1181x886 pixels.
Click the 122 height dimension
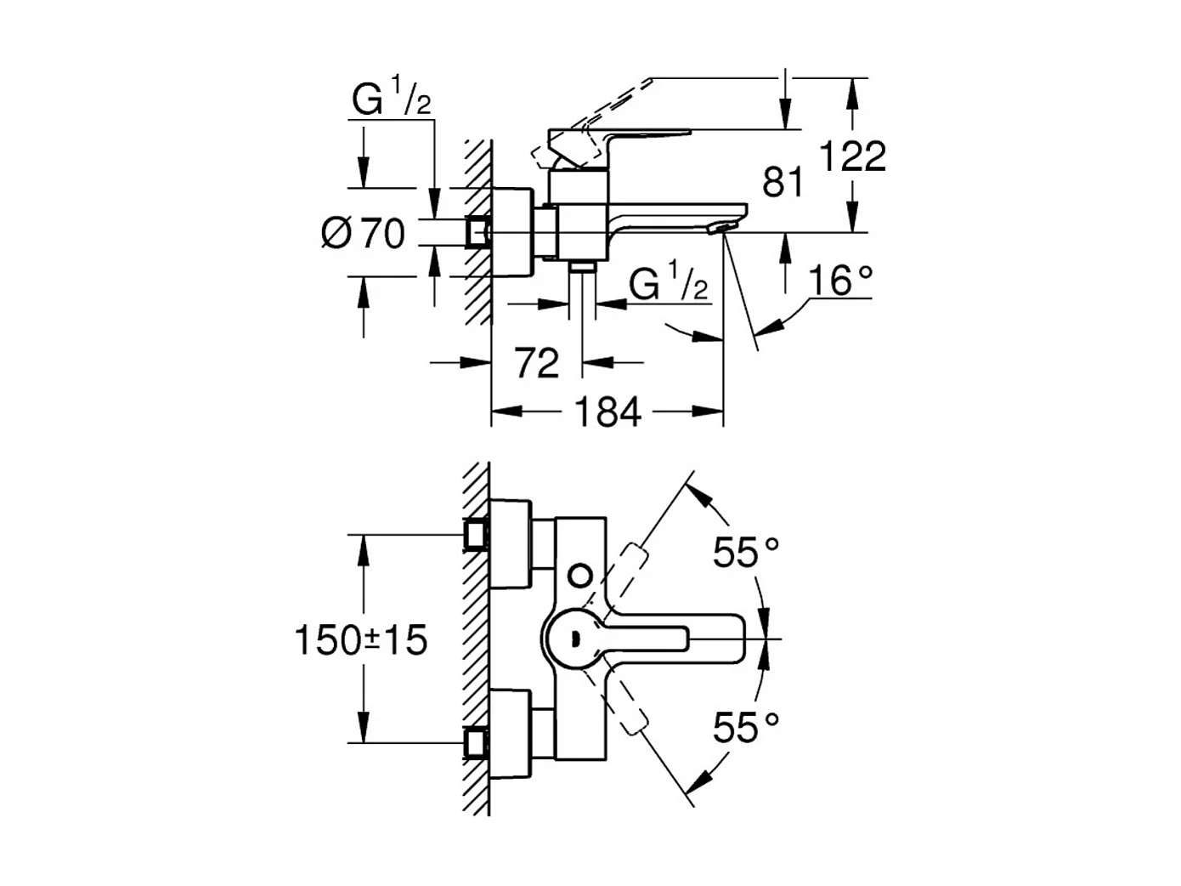click(852, 156)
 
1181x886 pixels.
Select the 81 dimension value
click(783, 182)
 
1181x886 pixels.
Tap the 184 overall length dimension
click(607, 412)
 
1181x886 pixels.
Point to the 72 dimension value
click(537, 363)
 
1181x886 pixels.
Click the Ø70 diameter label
click(364, 233)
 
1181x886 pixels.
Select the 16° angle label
click(839, 281)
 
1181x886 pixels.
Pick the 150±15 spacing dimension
click(361, 639)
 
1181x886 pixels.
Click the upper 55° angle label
click(745, 554)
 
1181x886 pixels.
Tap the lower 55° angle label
click(745, 728)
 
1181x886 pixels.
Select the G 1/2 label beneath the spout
click(668, 284)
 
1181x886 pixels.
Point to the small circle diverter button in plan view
click(580, 575)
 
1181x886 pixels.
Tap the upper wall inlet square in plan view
click(476, 535)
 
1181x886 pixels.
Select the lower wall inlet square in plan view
click(476, 742)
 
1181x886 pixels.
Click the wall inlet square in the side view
click(477, 232)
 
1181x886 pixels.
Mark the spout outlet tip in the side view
click(720, 227)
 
